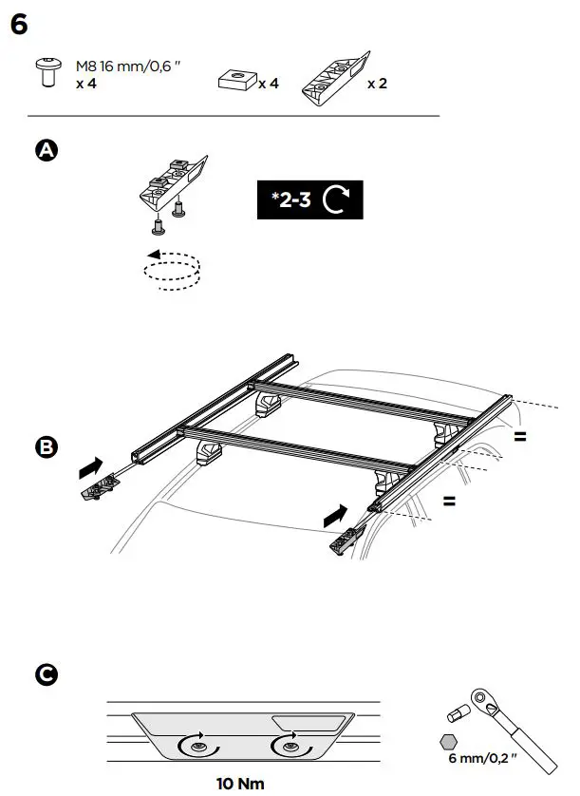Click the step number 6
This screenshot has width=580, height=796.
[x=19, y=26]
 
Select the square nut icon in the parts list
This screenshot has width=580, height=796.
[x=235, y=81]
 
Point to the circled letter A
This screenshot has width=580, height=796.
[x=45, y=150]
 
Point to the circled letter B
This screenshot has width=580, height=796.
[x=45, y=447]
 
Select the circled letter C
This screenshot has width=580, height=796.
[x=45, y=675]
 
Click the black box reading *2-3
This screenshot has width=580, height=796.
[x=309, y=200]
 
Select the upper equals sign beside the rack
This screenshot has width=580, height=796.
[x=521, y=437]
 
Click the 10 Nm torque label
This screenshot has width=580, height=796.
[x=241, y=784]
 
